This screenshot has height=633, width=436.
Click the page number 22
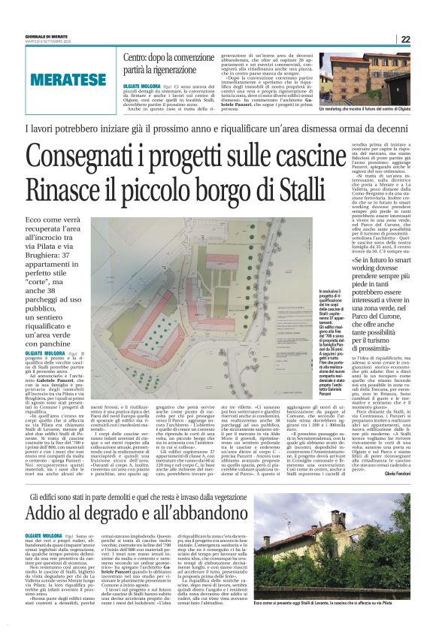pos(404,40)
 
